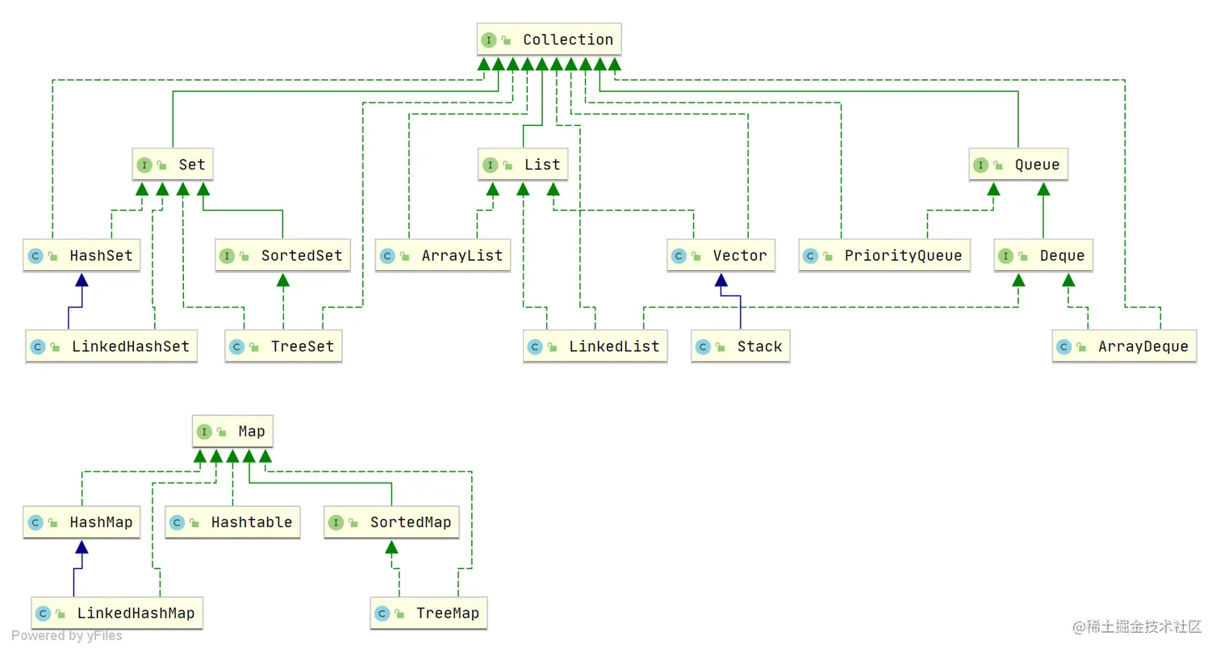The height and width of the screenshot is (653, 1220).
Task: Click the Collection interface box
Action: click(x=549, y=40)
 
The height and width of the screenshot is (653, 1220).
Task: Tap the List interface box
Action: click(x=523, y=165)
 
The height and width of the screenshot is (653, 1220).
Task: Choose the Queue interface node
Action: click(x=1018, y=165)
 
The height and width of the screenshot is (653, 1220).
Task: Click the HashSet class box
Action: click(x=79, y=256)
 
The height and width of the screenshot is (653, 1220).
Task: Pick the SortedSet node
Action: click(x=282, y=256)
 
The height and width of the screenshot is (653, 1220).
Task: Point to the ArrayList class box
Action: click(x=442, y=256)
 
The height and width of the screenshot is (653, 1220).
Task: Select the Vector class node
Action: click(x=721, y=256)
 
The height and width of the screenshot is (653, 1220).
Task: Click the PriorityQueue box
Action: click(x=884, y=256)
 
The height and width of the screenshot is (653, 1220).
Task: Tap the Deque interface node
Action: click(x=1043, y=256)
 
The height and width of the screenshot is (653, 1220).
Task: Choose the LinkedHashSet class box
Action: click(x=111, y=346)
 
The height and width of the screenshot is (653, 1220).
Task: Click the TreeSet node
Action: click(x=283, y=346)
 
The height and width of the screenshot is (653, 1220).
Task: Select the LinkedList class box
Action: click(x=595, y=346)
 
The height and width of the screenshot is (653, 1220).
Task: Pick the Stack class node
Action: click(x=740, y=346)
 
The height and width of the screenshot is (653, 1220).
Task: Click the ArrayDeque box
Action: click(x=1124, y=346)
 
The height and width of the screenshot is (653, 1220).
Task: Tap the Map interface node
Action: click(x=233, y=432)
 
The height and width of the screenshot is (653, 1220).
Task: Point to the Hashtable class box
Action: click(x=233, y=522)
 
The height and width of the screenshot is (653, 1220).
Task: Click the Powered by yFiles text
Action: click(x=67, y=636)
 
